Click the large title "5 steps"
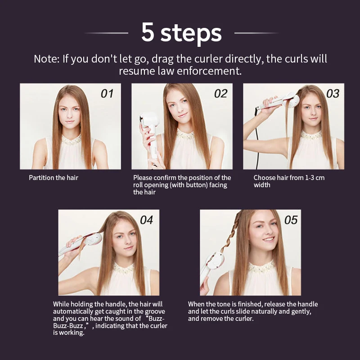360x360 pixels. point(181,32)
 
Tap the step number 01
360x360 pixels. point(107,94)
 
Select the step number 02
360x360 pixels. point(220,94)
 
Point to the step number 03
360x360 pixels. point(333,94)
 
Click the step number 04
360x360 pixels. point(147,220)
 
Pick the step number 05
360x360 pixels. point(291,220)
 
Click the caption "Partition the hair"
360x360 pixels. point(54,178)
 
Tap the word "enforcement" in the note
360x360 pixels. point(209,71)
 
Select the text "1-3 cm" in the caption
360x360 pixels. point(315,178)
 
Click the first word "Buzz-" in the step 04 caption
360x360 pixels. point(156,319)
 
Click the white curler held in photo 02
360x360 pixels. point(150,133)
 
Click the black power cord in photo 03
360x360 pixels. point(257,138)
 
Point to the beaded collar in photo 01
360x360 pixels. point(71,140)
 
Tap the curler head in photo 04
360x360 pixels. point(94,239)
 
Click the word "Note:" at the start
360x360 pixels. point(47,59)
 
